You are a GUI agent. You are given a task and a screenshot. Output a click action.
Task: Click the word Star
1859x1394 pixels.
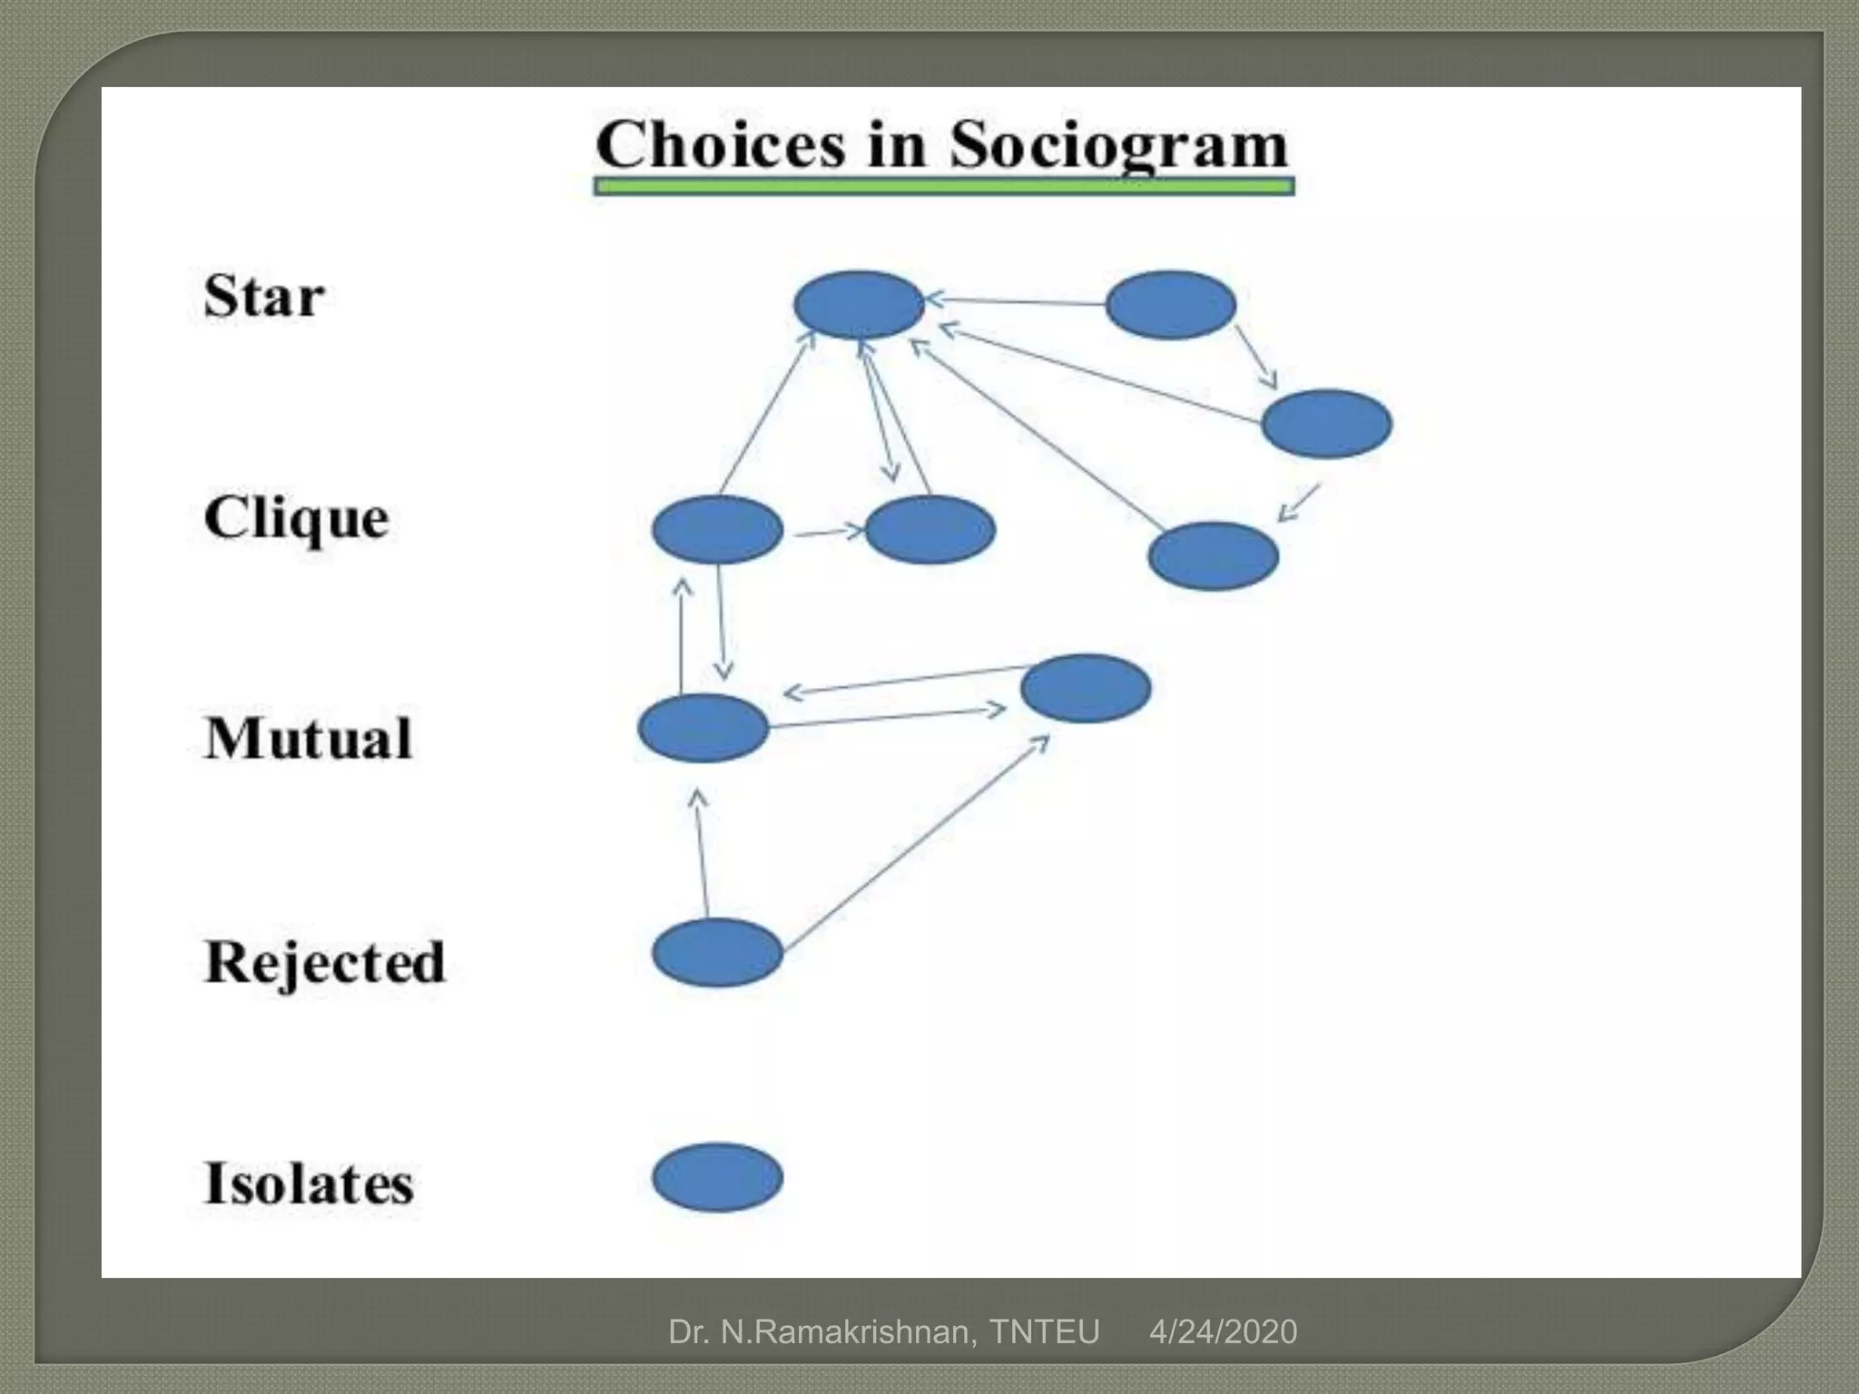[x=264, y=296]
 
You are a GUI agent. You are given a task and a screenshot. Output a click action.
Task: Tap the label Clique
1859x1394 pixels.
[x=297, y=518]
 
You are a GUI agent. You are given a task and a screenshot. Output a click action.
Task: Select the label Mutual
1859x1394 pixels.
[x=309, y=738]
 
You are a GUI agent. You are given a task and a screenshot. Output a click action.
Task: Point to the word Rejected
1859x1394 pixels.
[x=325, y=962]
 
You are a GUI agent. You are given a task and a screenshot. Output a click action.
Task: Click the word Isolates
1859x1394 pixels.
[x=309, y=1183]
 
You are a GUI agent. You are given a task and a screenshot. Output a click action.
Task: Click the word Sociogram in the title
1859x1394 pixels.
[x=1118, y=145]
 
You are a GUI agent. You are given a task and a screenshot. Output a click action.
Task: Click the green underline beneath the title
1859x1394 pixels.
[x=944, y=187]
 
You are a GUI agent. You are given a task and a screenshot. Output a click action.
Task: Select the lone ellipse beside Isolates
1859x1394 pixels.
[x=717, y=1177]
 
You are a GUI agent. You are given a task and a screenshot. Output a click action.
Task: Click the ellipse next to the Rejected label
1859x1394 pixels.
[x=717, y=952]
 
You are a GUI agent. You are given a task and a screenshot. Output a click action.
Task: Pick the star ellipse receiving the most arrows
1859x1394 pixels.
[x=859, y=305]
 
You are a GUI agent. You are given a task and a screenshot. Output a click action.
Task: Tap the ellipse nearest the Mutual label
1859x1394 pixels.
[x=703, y=728]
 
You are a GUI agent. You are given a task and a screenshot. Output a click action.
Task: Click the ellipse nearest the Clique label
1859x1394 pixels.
[x=717, y=530]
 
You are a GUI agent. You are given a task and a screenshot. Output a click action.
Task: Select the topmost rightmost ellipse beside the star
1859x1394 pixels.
[x=1170, y=305]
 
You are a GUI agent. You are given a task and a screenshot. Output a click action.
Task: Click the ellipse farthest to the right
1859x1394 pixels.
[x=1326, y=424]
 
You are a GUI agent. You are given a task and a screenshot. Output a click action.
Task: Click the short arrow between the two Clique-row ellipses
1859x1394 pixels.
[x=829, y=532]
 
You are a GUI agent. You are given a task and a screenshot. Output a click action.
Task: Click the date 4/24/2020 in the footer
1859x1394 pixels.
[x=1223, y=1332]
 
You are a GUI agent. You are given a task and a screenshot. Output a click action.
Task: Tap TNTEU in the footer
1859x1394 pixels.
[x=1044, y=1332]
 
